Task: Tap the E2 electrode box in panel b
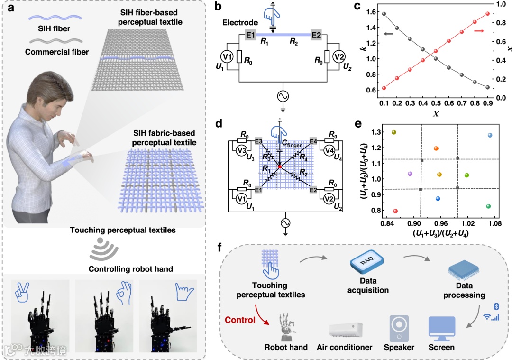click(x=317, y=35)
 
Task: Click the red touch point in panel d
click(x=280, y=167)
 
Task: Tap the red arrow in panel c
click(x=479, y=31)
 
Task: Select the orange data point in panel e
click(x=436, y=148)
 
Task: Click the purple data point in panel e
click(x=410, y=174)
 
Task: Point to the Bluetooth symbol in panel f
click(x=496, y=307)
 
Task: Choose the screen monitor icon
click(x=441, y=328)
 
